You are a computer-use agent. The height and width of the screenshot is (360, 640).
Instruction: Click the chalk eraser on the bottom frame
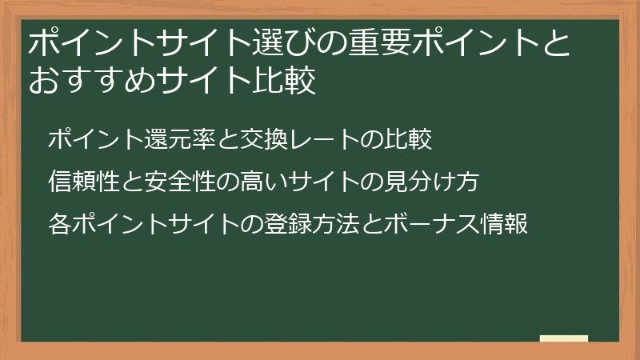click(x=564, y=339)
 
